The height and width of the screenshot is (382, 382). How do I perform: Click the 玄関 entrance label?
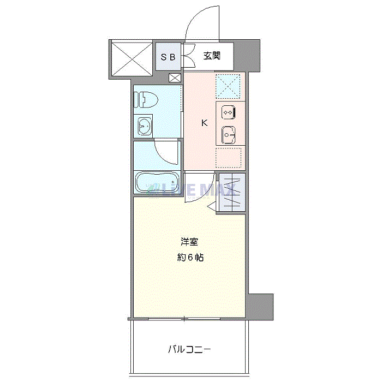(x=212, y=56)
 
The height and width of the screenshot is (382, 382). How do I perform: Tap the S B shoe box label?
(x=167, y=56)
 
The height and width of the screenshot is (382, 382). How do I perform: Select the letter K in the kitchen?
(x=205, y=123)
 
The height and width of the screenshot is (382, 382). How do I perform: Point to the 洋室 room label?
(x=190, y=241)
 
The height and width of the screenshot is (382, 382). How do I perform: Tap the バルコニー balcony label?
(x=189, y=349)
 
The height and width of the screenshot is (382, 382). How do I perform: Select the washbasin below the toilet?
(x=145, y=127)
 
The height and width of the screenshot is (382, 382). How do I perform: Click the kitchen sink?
(x=229, y=133)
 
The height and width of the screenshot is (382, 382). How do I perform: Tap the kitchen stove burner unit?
(x=229, y=112)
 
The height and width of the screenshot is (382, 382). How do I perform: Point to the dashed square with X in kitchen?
(x=229, y=85)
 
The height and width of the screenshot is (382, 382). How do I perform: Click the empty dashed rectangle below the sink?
(x=229, y=157)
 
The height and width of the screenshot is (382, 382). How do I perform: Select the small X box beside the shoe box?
(x=175, y=77)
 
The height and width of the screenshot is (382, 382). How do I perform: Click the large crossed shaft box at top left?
(x=131, y=58)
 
